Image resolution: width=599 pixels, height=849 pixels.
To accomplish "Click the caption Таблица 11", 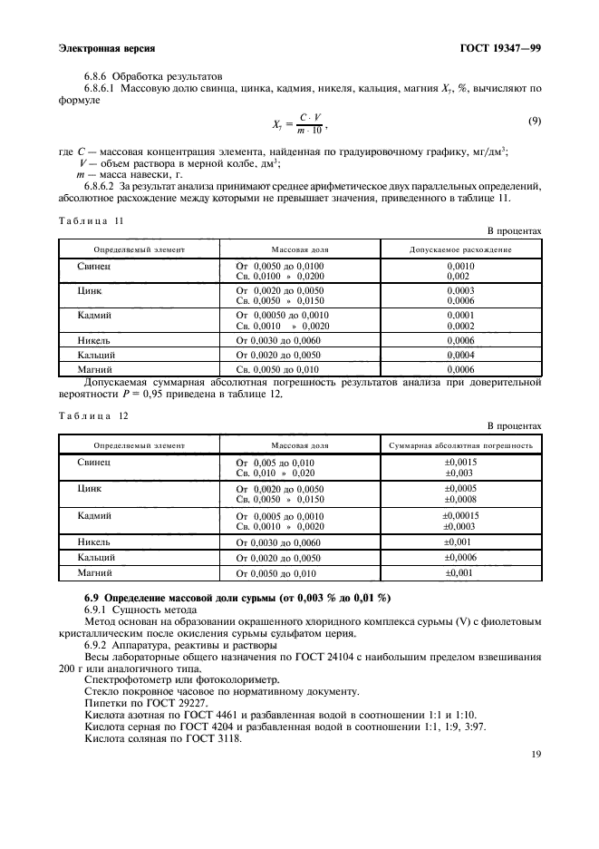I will click(x=92, y=220).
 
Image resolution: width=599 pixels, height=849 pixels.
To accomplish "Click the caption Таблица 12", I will click(x=92, y=415).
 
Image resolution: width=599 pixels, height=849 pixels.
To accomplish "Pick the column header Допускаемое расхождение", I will click(x=460, y=249).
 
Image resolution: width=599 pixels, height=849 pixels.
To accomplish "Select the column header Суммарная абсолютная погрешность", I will click(x=460, y=445).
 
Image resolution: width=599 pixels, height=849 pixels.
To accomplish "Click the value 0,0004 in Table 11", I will click(x=460, y=355).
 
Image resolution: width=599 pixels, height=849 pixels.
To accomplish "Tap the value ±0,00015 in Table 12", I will click(x=460, y=515).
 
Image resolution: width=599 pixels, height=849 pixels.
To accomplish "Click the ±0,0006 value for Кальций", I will click(x=460, y=557).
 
